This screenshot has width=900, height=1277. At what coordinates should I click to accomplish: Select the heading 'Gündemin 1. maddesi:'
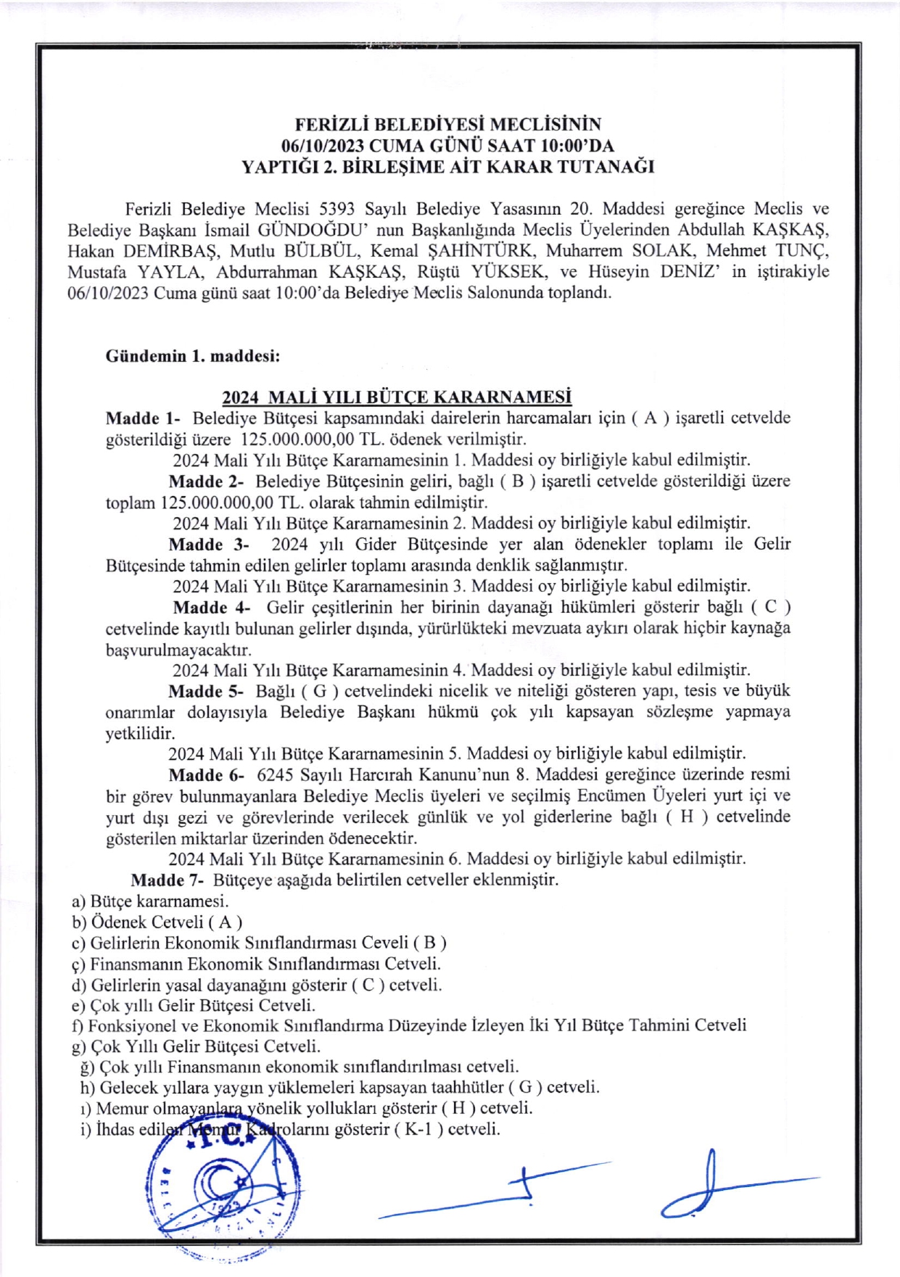coord(193,356)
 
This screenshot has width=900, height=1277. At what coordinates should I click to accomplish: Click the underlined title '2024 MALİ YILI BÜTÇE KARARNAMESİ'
coord(397,397)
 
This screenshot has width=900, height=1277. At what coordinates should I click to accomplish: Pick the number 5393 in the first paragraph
coord(337,209)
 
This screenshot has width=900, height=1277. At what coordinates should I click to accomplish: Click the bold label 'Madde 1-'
coord(143,418)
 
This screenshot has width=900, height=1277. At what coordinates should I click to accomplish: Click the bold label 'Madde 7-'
coord(168,880)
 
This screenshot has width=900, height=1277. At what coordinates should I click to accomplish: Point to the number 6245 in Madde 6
coord(276,774)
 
